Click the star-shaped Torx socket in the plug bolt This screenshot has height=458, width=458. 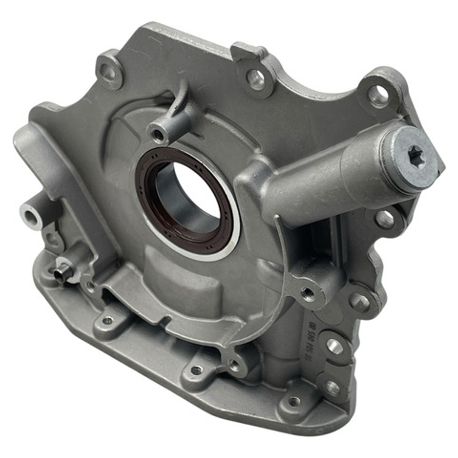pos(415,152)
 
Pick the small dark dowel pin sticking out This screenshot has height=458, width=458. pos(60,274)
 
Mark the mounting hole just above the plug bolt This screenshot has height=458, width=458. pos(378,95)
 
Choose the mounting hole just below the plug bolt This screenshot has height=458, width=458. pos(385,219)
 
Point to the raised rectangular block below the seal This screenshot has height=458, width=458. pos(183,282)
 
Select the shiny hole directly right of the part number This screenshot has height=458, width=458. pos(334,346)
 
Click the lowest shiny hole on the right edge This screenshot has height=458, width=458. pos(333,387)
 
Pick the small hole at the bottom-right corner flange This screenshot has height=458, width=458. pos(294,401)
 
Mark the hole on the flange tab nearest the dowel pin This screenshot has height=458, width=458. pos(107,320)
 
